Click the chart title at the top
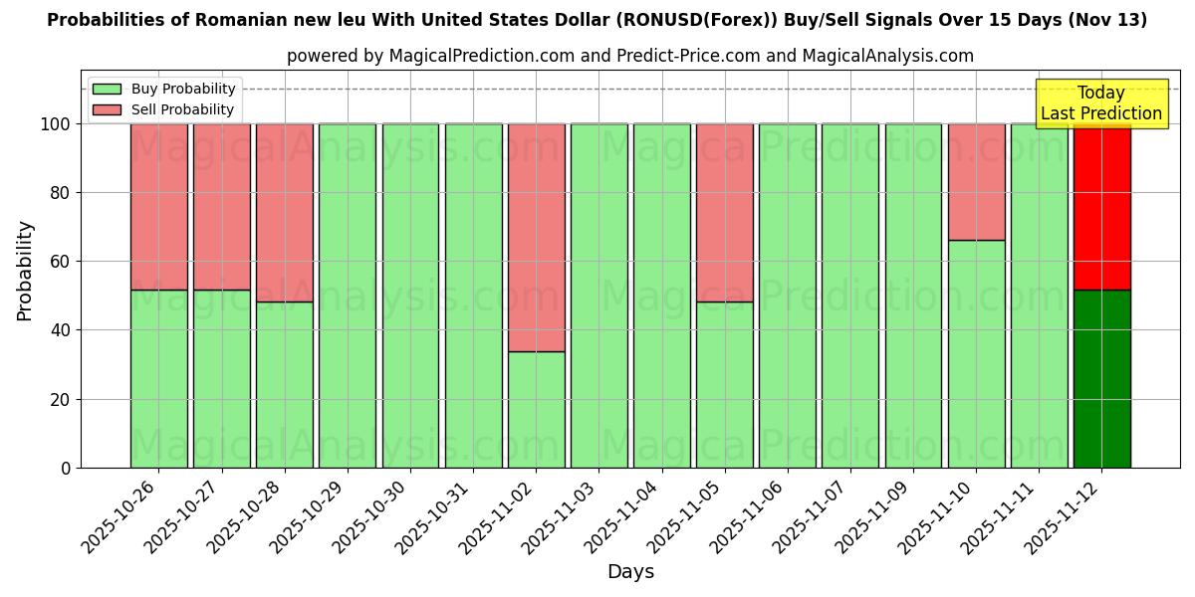(x=597, y=20)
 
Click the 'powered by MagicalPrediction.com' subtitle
(x=629, y=56)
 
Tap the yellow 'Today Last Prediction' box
(x=1100, y=103)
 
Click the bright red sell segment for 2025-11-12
(x=1101, y=207)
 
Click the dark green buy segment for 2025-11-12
(x=1101, y=379)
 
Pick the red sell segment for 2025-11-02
(x=536, y=238)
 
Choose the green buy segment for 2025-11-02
(x=536, y=410)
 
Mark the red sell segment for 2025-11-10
(x=976, y=182)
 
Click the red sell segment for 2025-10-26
(x=158, y=207)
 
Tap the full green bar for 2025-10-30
(x=410, y=296)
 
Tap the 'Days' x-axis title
(x=630, y=572)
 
